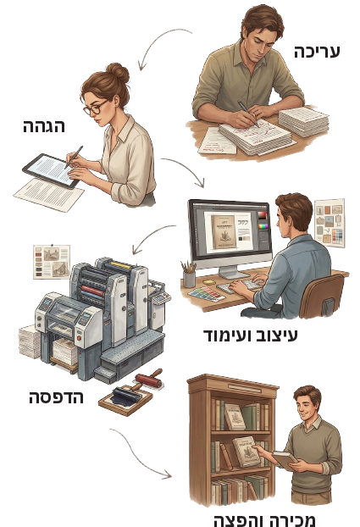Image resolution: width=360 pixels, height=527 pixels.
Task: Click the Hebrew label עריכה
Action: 317,52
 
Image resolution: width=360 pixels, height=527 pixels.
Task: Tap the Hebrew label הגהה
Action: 44,126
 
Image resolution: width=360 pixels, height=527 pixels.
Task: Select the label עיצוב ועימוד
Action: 251,335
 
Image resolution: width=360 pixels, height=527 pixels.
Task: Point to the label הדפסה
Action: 56,397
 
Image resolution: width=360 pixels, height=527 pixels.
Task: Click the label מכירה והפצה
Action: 264,519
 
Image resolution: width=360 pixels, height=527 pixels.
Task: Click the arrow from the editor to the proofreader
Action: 158,40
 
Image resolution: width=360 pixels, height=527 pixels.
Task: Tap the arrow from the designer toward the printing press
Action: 150,235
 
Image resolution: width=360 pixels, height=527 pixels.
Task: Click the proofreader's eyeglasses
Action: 96,108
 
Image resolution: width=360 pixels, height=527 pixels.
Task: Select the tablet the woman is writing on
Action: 51,170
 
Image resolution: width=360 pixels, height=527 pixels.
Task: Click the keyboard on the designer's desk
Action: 239,286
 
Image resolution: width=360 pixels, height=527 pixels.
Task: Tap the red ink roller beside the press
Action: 149,379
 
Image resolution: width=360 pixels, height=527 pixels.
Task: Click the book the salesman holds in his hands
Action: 284,460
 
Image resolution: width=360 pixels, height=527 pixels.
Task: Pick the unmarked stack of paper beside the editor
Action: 303,121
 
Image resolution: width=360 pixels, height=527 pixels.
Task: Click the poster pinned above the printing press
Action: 52,262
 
